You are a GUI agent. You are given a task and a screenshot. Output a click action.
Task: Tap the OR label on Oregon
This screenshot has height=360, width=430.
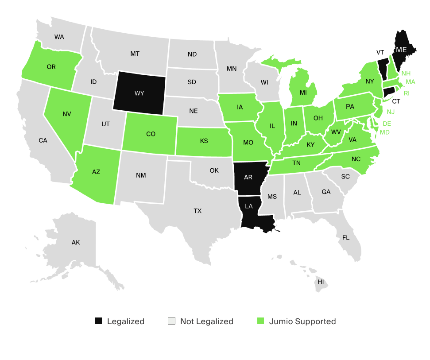(51, 67)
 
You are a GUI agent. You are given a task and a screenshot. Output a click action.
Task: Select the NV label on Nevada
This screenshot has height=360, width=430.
(67, 114)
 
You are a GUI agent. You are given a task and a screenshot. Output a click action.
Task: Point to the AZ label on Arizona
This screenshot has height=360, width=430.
(96, 172)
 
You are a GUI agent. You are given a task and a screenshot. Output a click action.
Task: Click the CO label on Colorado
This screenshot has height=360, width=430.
(151, 134)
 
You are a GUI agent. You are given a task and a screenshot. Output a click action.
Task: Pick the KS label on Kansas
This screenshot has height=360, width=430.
(204, 141)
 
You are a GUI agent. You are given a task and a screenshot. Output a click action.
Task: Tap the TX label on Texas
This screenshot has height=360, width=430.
(198, 211)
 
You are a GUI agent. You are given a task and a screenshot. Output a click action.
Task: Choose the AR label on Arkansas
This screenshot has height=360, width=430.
(248, 177)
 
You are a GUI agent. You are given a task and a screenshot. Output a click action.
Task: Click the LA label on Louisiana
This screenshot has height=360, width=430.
(249, 206)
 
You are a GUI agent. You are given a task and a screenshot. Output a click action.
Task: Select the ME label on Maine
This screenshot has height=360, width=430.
(401, 50)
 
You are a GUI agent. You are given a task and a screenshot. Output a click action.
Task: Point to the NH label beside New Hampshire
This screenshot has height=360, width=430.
(406, 73)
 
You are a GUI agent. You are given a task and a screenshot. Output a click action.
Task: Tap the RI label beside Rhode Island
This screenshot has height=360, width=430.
(407, 93)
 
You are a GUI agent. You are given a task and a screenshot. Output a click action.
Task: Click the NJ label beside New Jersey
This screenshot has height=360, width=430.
(391, 112)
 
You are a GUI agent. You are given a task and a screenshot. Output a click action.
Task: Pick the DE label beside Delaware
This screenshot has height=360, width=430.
(387, 124)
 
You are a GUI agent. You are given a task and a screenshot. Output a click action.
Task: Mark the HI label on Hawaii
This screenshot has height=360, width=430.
(321, 282)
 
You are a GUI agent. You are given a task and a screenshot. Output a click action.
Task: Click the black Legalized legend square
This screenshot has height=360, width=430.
(98, 321)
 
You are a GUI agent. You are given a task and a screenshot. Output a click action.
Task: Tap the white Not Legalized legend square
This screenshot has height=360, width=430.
(171, 321)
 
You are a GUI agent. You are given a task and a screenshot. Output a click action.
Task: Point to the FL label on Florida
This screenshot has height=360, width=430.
(345, 237)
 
